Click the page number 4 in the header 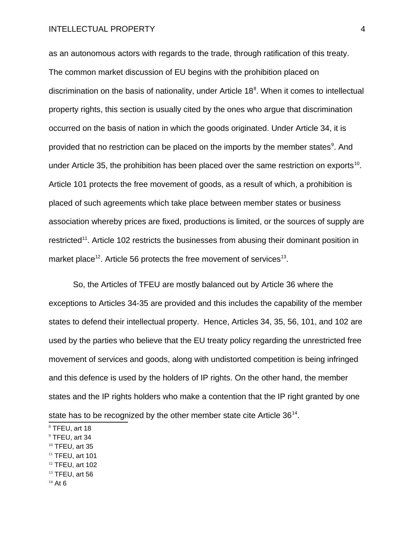[x=363, y=29]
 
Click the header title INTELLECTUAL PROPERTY [x=102, y=29]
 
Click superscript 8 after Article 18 [x=255, y=89]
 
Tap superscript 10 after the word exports [x=357, y=163]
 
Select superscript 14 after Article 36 [x=295, y=413]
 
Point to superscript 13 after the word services [x=284, y=257]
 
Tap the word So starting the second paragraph [x=78, y=285]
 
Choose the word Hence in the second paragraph [x=215, y=322]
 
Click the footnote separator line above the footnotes [x=88, y=422]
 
